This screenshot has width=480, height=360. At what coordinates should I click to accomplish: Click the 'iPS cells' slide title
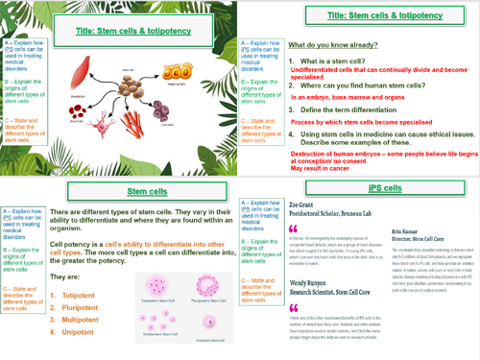pyautogui.click(x=359, y=190)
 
